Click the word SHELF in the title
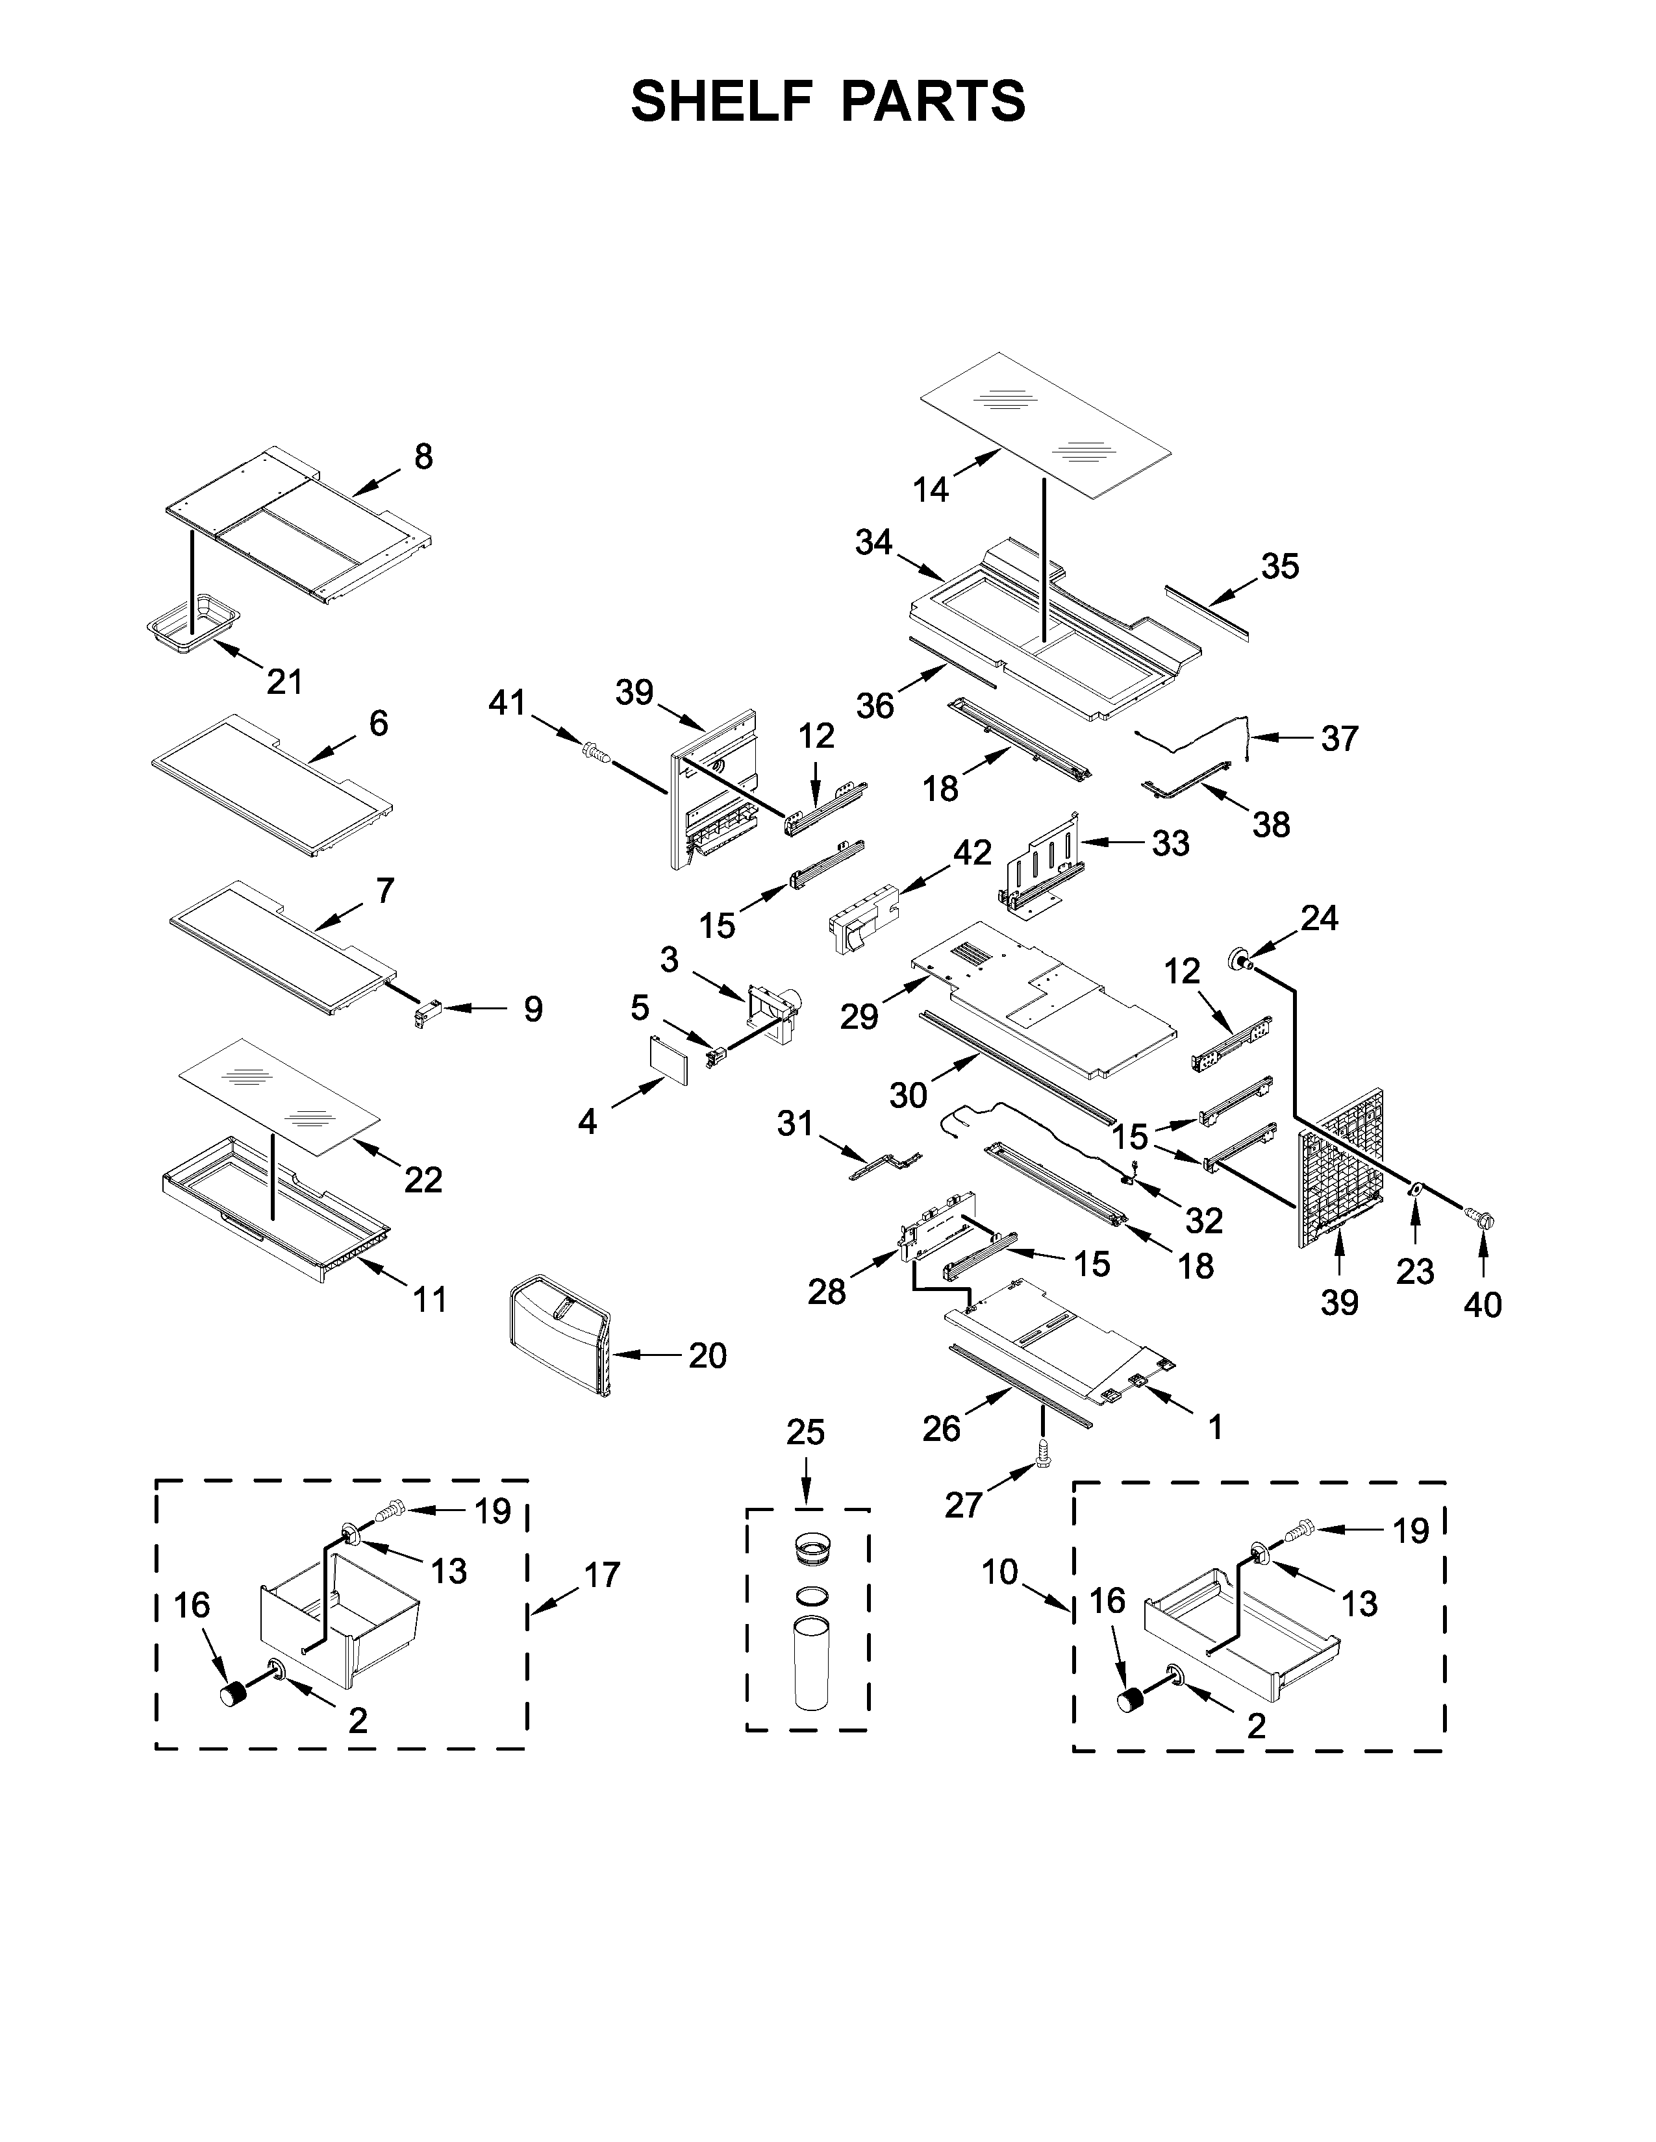(722, 101)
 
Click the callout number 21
(284, 681)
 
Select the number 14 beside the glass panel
(931, 489)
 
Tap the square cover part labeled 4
(669, 1058)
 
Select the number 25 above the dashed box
(805, 1433)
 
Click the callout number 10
(999, 1572)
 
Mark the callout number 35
(1279, 566)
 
